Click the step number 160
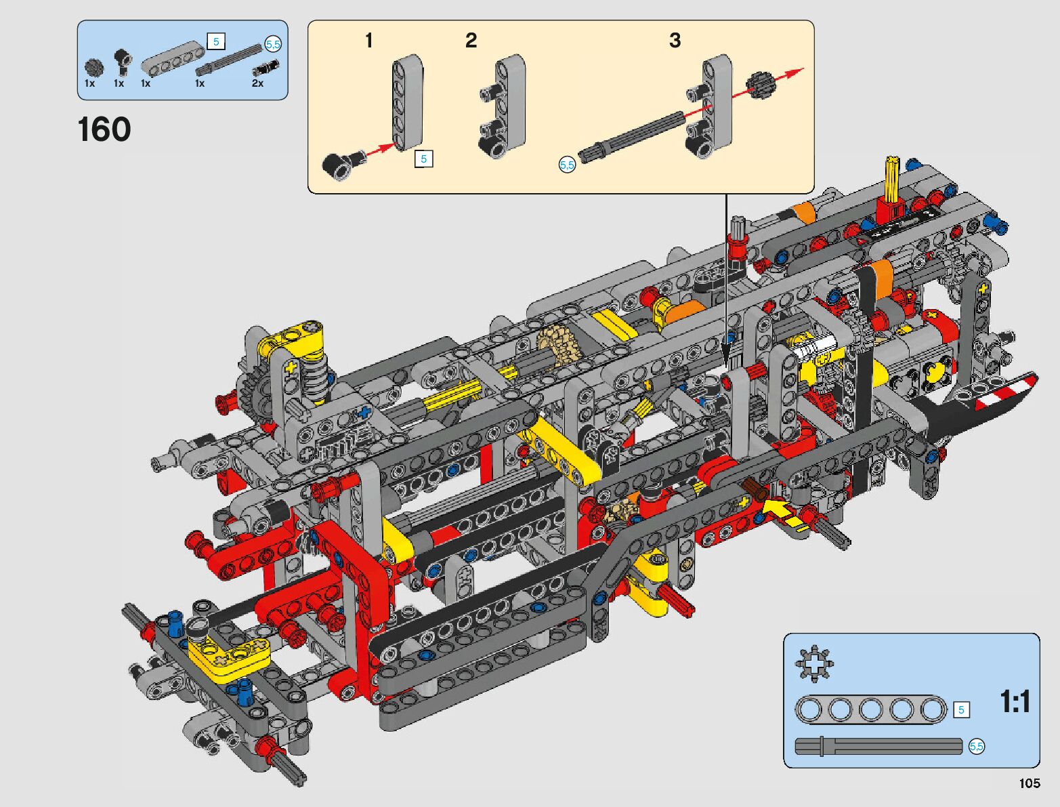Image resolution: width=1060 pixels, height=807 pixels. pos(104,129)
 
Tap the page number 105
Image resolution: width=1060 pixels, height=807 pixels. pos(1030,783)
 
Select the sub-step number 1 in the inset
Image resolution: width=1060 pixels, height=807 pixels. pos(369,41)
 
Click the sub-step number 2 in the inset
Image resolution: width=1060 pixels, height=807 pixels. pos(471,40)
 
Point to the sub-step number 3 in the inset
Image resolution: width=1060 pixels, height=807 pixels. pos(675,40)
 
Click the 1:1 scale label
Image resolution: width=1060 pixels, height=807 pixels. pos(1015,702)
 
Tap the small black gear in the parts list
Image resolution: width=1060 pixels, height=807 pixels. pos(93,68)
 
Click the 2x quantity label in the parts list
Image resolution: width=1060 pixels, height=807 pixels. pos(257,83)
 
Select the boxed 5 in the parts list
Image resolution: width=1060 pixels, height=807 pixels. pos(216,41)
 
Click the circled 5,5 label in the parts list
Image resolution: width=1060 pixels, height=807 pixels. pos(273,45)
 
